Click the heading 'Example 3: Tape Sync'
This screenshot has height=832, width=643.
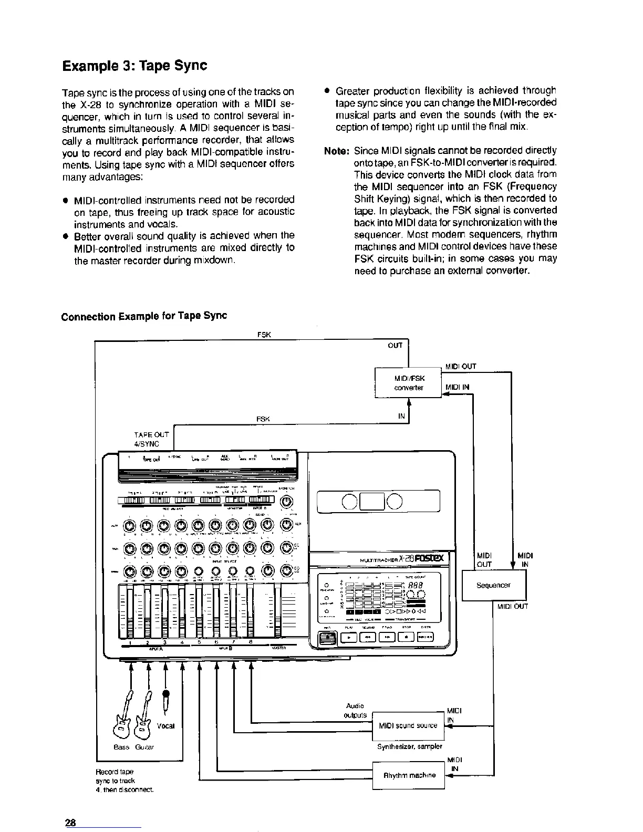[134, 66]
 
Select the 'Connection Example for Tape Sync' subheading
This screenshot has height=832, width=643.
[144, 316]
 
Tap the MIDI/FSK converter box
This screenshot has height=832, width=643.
[408, 383]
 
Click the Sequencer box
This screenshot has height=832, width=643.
[493, 585]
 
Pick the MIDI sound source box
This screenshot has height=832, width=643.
[408, 725]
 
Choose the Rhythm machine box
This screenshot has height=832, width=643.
[409, 775]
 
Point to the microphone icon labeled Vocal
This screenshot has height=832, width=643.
[167, 701]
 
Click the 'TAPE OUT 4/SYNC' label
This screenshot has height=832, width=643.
[151, 439]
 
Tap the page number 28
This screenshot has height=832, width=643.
[71, 823]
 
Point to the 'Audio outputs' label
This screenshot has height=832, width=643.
[355, 710]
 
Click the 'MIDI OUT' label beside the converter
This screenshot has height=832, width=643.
[460, 366]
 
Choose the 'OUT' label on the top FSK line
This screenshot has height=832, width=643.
[395, 345]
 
